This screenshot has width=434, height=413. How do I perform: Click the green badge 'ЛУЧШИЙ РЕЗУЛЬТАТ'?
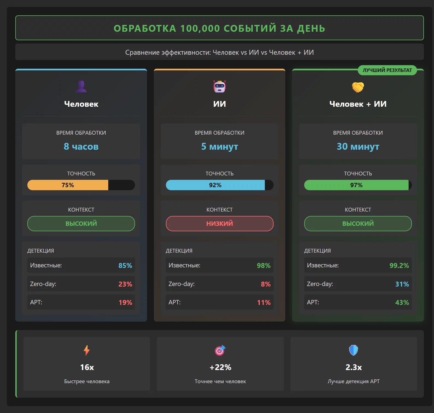click(387, 70)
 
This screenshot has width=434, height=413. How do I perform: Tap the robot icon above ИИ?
click(219, 86)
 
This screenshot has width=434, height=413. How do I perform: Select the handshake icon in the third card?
click(358, 87)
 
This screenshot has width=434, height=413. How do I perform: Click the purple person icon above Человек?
click(81, 86)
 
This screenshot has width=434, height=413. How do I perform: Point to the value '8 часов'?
click(81, 146)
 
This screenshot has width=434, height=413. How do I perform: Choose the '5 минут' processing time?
click(219, 146)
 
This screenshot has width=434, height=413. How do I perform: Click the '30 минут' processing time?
click(358, 146)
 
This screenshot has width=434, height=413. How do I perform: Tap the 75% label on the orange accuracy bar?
click(68, 185)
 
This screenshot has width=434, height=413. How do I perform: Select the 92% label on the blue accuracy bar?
click(215, 185)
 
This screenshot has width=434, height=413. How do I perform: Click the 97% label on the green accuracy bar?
click(356, 185)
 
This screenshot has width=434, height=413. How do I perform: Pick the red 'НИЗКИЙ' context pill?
click(219, 224)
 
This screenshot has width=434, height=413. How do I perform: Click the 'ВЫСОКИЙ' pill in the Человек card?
click(81, 224)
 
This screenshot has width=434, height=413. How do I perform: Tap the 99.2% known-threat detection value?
click(399, 265)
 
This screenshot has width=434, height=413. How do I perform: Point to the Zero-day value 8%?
click(266, 284)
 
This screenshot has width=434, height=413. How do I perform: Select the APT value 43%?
click(402, 302)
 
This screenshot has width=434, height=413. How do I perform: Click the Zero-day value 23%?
click(125, 284)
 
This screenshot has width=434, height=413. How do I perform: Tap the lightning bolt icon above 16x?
click(87, 350)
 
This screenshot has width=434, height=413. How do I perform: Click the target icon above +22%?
click(220, 350)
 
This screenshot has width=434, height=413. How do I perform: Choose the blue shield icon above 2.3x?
click(353, 350)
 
